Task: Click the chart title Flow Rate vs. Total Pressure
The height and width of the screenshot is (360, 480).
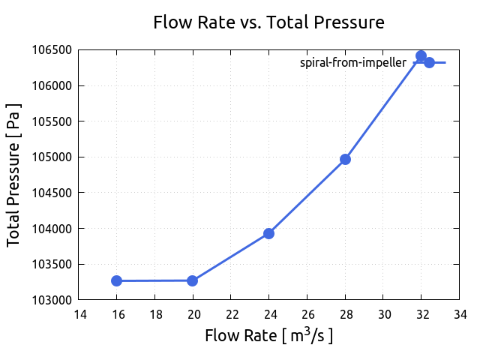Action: tap(268, 22)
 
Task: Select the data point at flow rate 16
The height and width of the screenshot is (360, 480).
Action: tap(117, 280)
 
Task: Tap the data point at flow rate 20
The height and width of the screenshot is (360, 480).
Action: tap(193, 280)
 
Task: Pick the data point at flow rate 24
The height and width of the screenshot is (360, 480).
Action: tap(268, 233)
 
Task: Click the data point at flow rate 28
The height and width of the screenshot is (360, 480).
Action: tap(345, 159)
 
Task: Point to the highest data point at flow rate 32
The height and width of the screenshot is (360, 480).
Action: tap(421, 56)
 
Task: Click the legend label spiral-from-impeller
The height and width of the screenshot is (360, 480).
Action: tap(352, 63)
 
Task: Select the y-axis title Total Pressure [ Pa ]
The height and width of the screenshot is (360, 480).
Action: tap(13, 175)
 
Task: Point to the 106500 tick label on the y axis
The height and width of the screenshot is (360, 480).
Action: tap(52, 50)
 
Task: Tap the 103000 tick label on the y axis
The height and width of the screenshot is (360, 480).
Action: tap(52, 300)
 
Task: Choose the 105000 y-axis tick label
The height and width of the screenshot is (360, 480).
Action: tap(52, 157)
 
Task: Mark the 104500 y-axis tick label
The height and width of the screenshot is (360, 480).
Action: tap(52, 193)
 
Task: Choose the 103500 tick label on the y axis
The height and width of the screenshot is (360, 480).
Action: tap(52, 264)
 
